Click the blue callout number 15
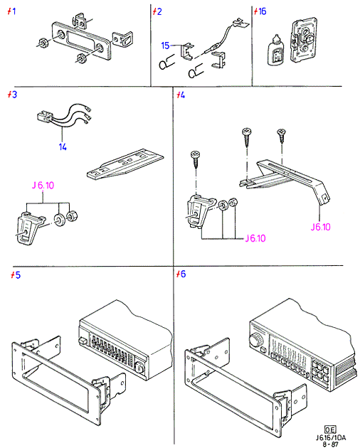point(165,46)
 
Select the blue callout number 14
point(63,147)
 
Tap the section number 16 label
point(260,11)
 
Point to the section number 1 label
point(11,11)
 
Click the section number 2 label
point(157,11)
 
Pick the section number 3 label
point(12,95)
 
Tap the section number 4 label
point(181,95)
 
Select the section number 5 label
point(16,275)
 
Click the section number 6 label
point(181,274)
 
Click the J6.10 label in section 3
point(43,186)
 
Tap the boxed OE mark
point(330,429)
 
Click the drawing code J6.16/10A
point(331,437)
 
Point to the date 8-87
point(330,444)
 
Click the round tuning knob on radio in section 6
point(255,341)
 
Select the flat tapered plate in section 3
point(125,164)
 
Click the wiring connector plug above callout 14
point(45,117)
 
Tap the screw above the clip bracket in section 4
point(196,160)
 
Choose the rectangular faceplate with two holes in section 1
point(81,41)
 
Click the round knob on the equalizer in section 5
point(140,367)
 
